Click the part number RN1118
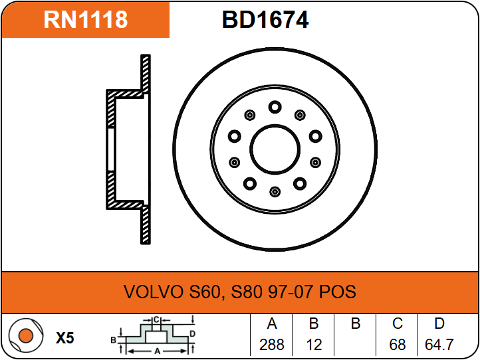pyautogui.click(x=85, y=19)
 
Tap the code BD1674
pyautogui.click(x=265, y=20)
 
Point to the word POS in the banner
pyautogui.click(x=337, y=292)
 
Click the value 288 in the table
pyautogui.click(x=271, y=345)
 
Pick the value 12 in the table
pyautogui.click(x=314, y=345)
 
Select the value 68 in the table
pyautogui.click(x=398, y=345)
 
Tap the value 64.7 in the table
pyautogui.click(x=439, y=345)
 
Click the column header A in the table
pyautogui.click(x=272, y=323)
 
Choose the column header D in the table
pyautogui.click(x=439, y=323)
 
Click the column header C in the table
pyautogui.click(x=398, y=323)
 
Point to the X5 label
pyautogui.click(x=65, y=338)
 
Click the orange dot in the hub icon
pyautogui.click(x=26, y=335)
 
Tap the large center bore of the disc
pyautogui.click(x=275, y=149)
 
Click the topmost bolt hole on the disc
pyautogui.click(x=275, y=108)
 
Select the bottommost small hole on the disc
pyautogui.click(x=275, y=192)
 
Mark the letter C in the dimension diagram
pyautogui.click(x=156, y=320)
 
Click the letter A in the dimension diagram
pyautogui.click(x=157, y=351)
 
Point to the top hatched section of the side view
pyautogui.click(x=146, y=74)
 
